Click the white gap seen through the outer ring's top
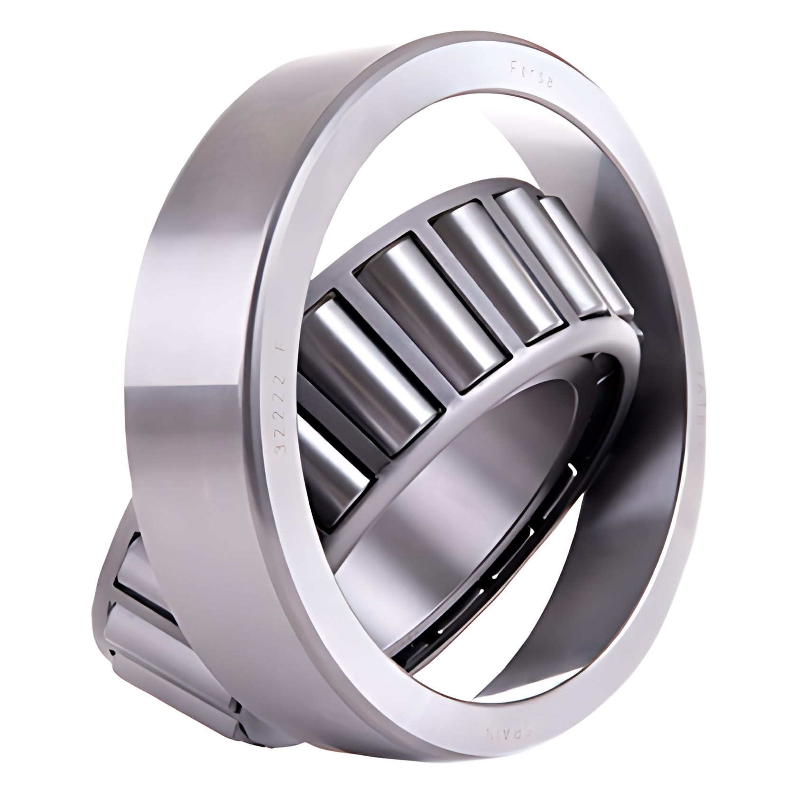(x=474, y=142)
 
